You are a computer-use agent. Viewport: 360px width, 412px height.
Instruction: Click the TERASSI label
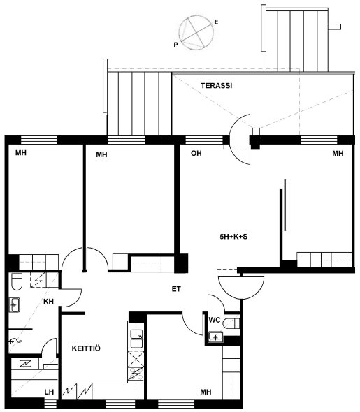(217, 86)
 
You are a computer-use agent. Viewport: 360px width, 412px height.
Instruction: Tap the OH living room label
(196, 153)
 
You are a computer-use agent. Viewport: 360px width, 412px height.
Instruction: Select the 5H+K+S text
(233, 237)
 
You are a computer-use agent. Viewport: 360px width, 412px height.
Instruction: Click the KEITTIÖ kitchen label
(86, 348)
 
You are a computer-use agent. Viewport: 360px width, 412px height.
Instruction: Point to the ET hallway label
(176, 289)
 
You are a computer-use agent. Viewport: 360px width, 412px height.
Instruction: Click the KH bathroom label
(48, 302)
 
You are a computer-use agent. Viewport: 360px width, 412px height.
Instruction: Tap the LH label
(49, 392)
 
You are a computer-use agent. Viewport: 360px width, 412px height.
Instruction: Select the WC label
(215, 320)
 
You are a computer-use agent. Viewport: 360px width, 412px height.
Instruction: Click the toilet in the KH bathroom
(17, 281)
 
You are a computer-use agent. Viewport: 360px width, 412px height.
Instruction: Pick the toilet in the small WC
(231, 323)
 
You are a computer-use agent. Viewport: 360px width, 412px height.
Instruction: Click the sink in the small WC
(215, 337)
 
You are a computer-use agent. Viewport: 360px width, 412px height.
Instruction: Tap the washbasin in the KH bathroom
(15, 304)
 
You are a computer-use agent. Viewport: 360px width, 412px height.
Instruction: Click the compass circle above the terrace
(196, 33)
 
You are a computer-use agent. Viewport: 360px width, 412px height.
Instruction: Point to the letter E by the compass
(216, 22)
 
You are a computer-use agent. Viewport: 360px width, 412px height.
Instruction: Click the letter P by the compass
(175, 45)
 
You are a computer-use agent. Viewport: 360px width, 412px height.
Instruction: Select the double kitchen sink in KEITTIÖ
(137, 339)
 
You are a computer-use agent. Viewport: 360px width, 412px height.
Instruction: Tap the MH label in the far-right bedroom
(338, 153)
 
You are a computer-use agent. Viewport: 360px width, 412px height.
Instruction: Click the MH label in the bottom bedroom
(206, 392)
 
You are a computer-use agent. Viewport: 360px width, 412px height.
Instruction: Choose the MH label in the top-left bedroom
(21, 153)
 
